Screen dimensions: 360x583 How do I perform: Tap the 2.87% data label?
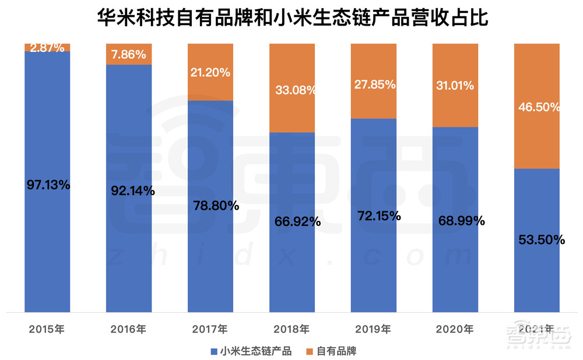pyautogui.click(x=47, y=48)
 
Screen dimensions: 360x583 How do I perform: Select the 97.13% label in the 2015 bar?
pyautogui.click(x=48, y=185)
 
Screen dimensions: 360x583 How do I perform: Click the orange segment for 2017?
pyautogui.click(x=210, y=87)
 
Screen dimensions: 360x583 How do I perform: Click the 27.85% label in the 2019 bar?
pyautogui.click(x=375, y=84)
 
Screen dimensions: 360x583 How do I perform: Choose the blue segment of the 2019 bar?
pyautogui.click(x=374, y=262)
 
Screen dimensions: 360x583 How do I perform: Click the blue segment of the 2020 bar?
pyautogui.click(x=455, y=268)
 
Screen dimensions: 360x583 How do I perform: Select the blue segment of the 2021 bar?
pyautogui.click(x=536, y=274)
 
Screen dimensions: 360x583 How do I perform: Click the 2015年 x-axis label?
pyautogui.click(x=47, y=329)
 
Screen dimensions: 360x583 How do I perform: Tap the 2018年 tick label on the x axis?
pyautogui.click(x=291, y=329)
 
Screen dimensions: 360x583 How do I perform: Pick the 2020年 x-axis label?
pyautogui.click(x=455, y=329)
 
